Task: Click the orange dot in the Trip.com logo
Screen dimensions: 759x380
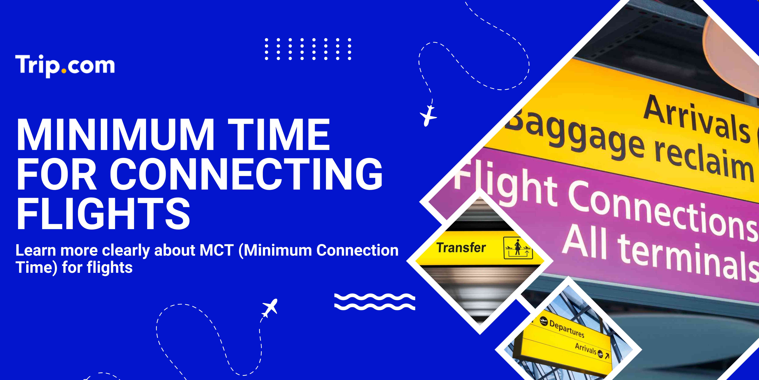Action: [x=64, y=71]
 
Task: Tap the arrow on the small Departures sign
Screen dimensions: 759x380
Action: [x=607, y=356]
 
